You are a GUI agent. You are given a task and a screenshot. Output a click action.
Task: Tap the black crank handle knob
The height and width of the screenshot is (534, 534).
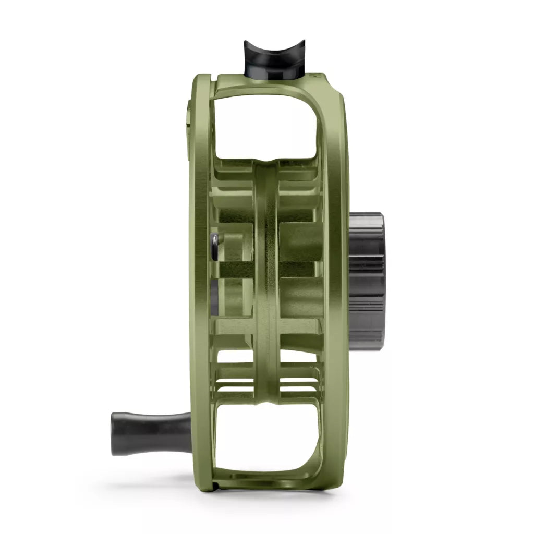pos(151,433)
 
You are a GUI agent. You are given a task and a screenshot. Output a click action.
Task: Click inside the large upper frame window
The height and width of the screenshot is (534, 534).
pos(266,125)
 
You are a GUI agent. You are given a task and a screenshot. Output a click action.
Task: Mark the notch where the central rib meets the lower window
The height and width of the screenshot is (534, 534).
pos(267,404)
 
